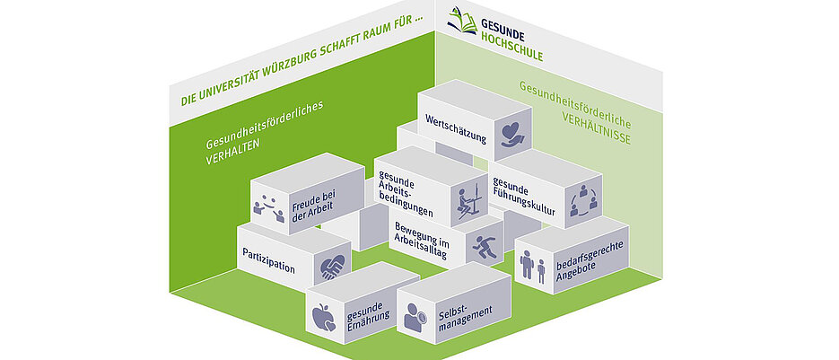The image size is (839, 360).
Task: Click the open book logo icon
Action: [x=463, y=19]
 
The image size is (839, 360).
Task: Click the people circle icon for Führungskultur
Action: [x=582, y=199]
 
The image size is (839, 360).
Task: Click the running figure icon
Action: [x=484, y=248]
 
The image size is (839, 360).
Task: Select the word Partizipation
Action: [x=269, y=255]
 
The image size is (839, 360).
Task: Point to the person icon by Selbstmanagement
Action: [x=415, y=315]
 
